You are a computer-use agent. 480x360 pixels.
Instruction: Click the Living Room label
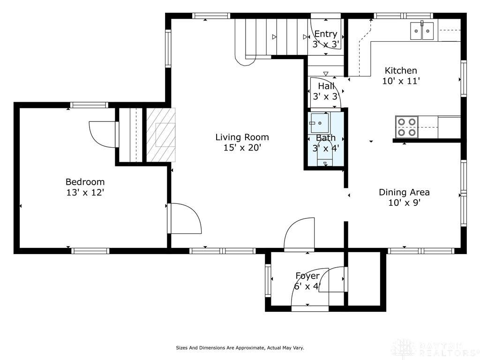242,137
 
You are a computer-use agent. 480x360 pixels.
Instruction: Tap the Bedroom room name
85,182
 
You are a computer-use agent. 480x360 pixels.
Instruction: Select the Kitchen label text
401,71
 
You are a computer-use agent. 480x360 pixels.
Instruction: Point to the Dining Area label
404,192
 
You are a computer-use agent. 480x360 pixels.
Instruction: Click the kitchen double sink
422,31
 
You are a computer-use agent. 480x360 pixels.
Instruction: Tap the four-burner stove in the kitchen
407,127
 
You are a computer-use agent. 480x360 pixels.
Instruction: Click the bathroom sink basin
320,123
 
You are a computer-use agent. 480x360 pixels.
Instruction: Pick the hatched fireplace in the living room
161,135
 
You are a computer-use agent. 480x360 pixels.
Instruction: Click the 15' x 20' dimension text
242,148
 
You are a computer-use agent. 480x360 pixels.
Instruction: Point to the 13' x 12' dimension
85,193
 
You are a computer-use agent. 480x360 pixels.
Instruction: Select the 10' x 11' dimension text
401,81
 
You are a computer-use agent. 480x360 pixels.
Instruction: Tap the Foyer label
307,276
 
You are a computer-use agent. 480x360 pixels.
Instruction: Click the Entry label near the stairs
326,34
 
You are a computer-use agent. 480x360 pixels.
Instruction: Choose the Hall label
326,86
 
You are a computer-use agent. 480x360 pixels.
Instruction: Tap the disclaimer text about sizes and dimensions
240,348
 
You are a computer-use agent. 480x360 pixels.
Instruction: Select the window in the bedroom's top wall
89,105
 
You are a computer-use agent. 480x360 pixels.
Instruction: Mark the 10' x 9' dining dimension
404,202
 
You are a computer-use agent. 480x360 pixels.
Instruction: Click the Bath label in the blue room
326,138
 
